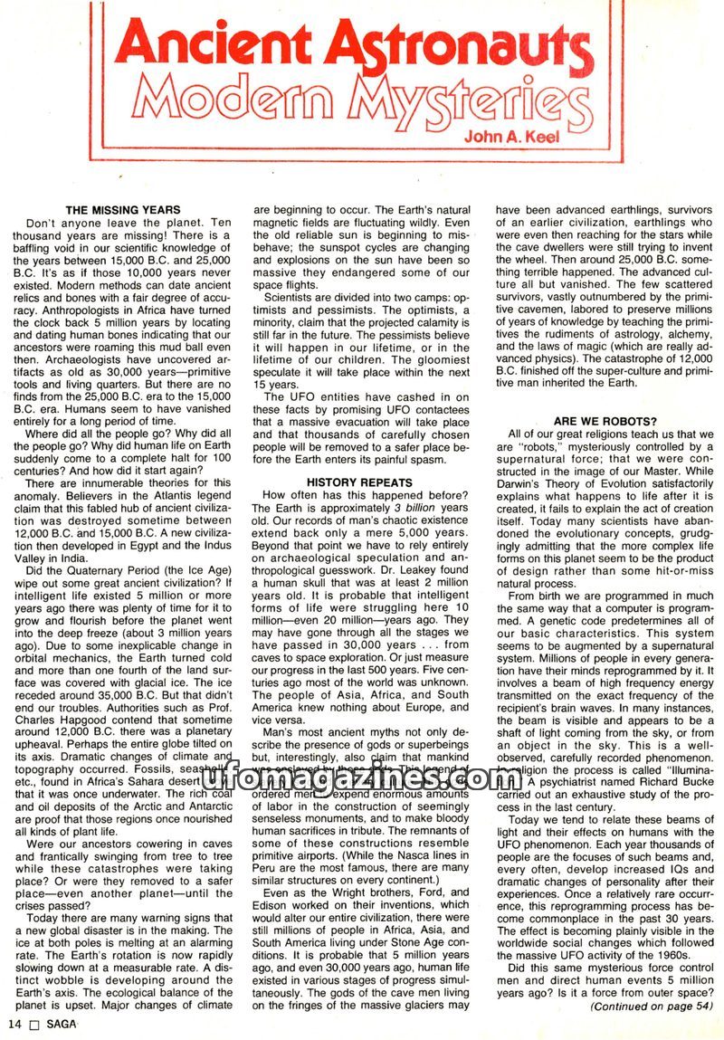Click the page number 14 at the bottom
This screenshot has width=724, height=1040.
point(14,1024)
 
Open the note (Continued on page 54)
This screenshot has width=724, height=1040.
point(652,1005)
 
